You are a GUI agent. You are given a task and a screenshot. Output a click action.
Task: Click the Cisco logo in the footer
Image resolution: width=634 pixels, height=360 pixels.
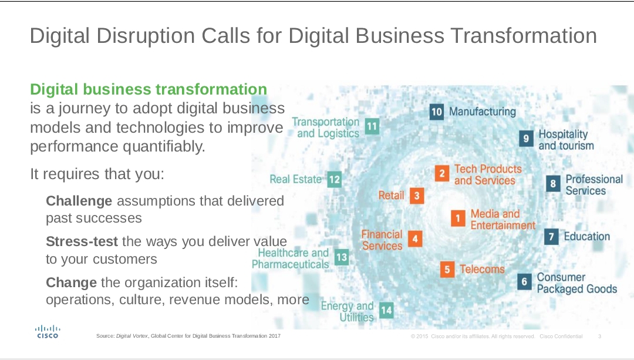coord(48,332)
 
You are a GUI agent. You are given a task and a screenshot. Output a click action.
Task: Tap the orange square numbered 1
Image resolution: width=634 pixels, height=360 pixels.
coord(458,218)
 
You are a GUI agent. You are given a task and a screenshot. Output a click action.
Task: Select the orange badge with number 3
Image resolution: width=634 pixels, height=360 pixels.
coord(417,196)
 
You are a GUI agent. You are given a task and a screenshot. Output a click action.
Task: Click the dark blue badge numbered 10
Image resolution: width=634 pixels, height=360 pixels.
coord(437,112)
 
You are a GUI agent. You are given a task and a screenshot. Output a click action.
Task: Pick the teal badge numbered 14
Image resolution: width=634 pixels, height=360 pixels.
coord(386,310)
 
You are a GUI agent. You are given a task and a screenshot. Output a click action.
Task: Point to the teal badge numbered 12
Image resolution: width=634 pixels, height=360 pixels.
coord(335,179)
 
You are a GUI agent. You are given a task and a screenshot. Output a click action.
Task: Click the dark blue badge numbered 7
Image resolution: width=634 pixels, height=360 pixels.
coord(551,236)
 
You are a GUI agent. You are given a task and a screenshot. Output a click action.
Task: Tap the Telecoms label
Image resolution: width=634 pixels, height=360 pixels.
coord(482,269)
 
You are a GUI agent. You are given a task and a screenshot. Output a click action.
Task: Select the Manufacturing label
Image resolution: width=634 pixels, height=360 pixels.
coord(483,111)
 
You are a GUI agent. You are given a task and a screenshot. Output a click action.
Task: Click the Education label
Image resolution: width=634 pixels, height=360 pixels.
coord(586,236)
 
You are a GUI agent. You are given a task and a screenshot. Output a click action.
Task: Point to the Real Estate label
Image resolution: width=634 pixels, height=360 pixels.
coord(295,179)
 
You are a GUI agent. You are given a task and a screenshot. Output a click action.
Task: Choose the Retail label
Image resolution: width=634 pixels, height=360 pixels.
coord(391,196)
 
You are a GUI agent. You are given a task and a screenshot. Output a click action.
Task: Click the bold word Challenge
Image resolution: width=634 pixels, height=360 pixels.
coord(79,201)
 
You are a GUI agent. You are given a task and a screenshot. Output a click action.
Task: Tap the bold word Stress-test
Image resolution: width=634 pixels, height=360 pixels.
coord(82,241)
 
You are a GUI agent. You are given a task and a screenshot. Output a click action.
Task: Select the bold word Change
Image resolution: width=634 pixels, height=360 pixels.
coord(71,282)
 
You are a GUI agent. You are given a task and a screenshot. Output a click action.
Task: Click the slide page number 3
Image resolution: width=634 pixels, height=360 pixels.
coord(599,336)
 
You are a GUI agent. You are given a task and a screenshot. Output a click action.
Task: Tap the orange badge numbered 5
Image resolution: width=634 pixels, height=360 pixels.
coord(447,270)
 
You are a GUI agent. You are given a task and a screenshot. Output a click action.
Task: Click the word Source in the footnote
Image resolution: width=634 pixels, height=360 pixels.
coord(105,336)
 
